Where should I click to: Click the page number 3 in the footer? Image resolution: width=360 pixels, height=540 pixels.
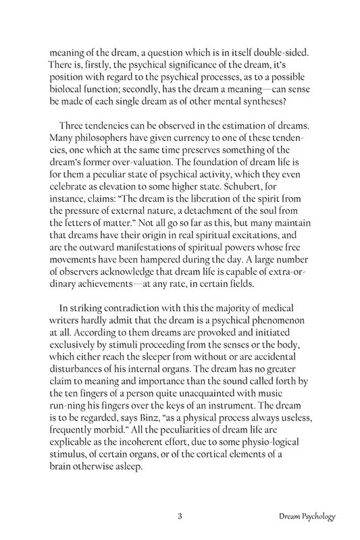click(180, 517)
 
